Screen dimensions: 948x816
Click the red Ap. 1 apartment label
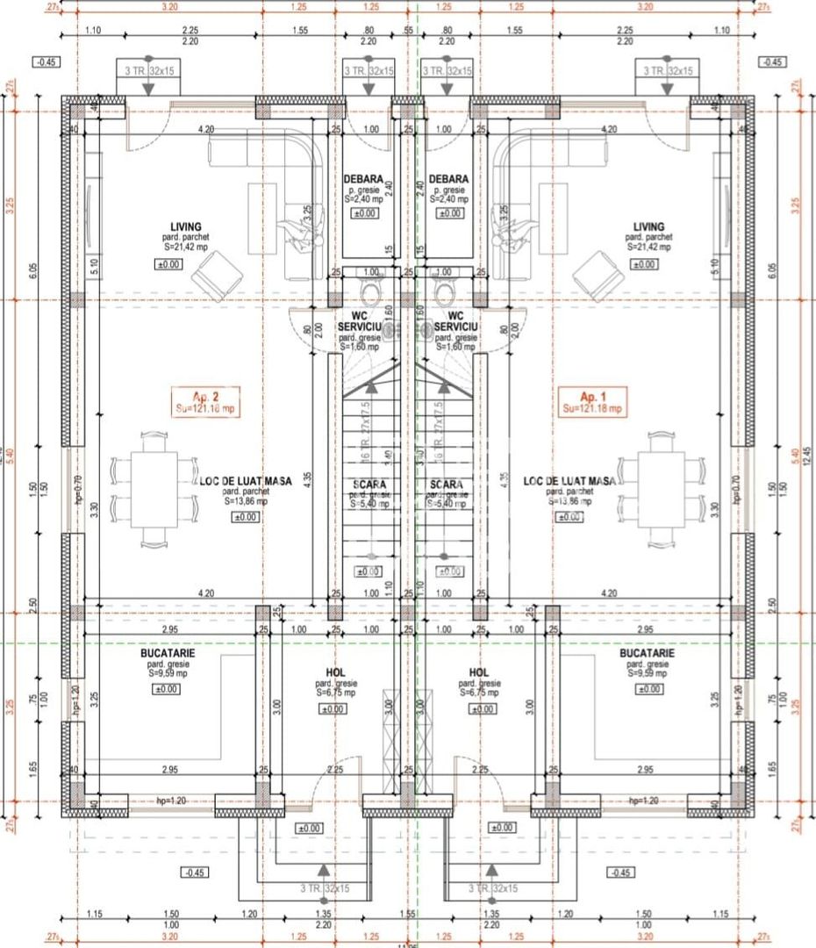coord(591,395)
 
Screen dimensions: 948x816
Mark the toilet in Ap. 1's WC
coord(445,290)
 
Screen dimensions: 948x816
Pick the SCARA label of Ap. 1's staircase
coord(447,484)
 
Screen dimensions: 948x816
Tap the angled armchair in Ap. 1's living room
coord(599,275)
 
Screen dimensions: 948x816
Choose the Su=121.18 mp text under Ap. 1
coord(591,409)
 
